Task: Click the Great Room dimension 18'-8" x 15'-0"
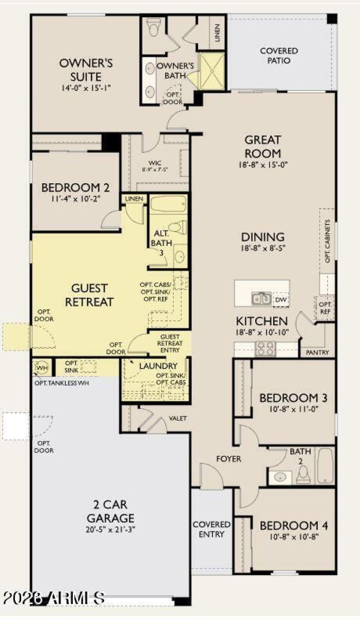tap(263, 164)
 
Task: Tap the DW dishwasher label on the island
tap(280, 299)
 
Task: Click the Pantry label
tap(317, 352)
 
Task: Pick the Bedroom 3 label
tap(293, 398)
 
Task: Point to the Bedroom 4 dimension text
tap(294, 536)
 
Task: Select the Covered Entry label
tap(211, 529)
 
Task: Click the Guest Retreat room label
tap(89, 295)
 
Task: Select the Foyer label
tap(229, 459)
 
